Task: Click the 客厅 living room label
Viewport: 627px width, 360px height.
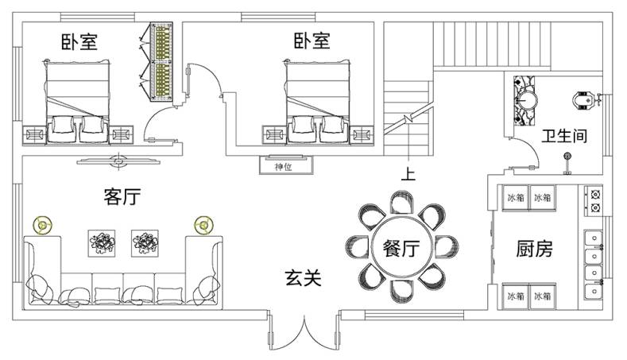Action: tap(122, 197)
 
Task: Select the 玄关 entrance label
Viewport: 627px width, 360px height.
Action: tap(304, 278)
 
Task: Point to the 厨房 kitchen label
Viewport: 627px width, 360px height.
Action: tap(532, 249)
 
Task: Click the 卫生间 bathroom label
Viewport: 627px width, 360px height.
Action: tap(564, 136)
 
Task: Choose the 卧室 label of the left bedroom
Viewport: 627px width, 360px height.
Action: tap(79, 41)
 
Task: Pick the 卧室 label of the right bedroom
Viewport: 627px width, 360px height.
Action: tap(312, 41)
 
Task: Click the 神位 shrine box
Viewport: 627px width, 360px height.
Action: tap(284, 166)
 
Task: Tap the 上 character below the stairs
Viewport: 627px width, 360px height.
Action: tap(408, 174)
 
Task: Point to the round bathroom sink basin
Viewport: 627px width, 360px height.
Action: tap(525, 100)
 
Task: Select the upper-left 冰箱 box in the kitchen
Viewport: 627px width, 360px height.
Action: tap(514, 197)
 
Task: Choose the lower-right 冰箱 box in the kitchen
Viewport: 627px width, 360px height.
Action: tap(542, 296)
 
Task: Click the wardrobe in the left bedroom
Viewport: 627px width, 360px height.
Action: tap(164, 62)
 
